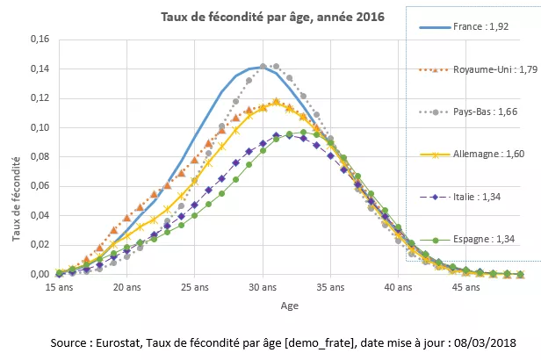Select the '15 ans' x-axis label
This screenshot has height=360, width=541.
tap(60, 287)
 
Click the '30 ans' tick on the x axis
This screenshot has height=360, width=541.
tap(262, 287)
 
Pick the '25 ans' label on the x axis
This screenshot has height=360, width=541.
tap(194, 287)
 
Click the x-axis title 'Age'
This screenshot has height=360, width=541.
tap(289, 306)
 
